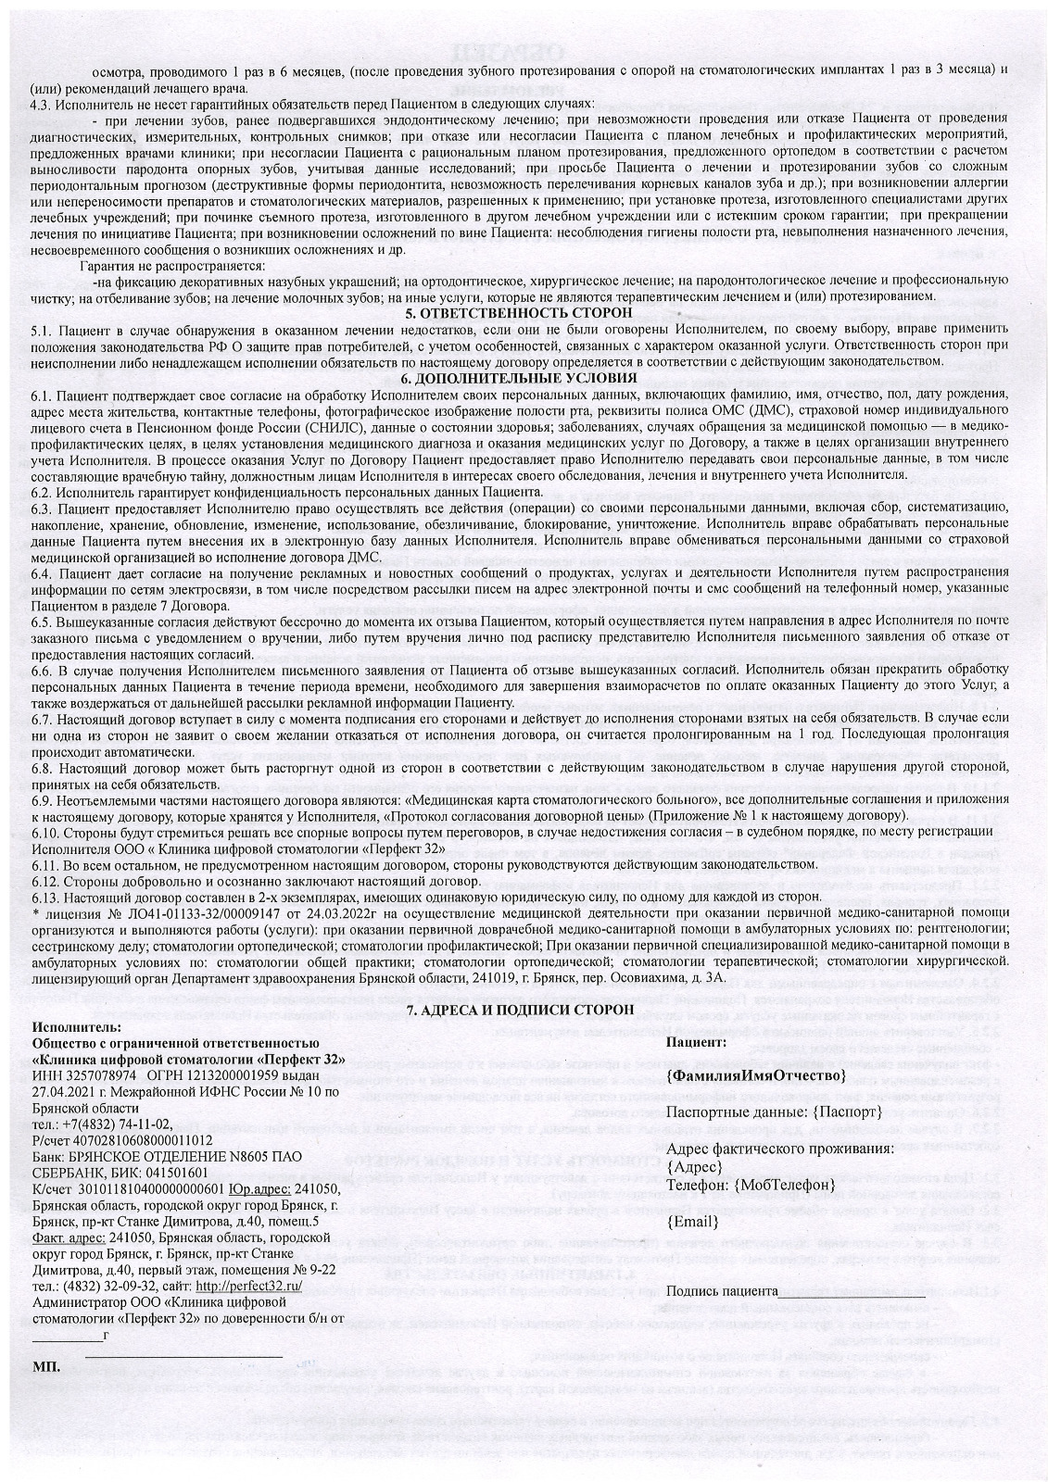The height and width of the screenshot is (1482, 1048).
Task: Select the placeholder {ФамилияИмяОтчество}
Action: click(x=755, y=1075)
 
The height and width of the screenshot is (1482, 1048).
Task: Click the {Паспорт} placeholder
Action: click(x=847, y=1111)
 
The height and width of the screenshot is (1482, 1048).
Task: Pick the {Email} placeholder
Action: click(x=693, y=1222)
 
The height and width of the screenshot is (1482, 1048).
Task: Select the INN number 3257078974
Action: click(x=100, y=1075)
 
